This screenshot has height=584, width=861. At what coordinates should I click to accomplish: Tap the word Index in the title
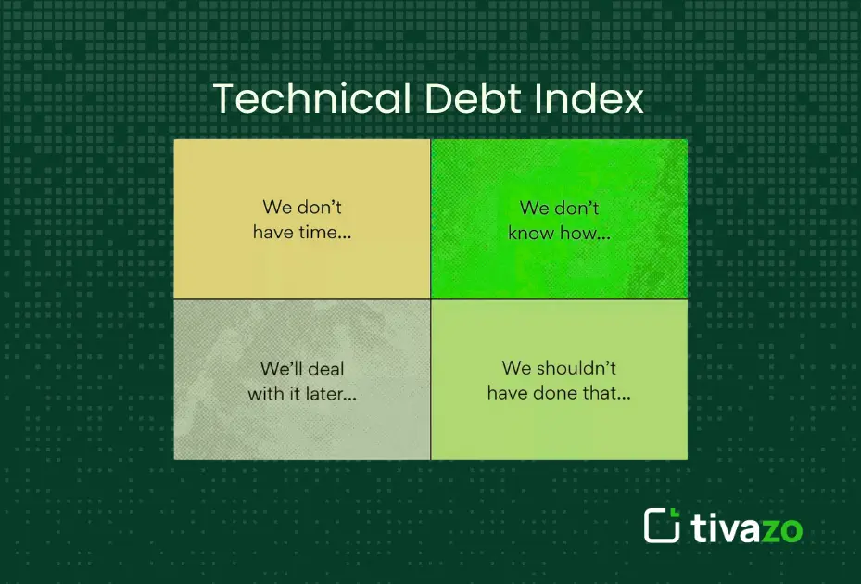(595, 99)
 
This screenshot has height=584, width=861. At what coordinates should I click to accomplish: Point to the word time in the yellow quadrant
(323, 233)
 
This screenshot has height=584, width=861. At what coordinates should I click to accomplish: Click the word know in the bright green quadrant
(531, 234)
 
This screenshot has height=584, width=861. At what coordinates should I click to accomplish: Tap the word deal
(325, 369)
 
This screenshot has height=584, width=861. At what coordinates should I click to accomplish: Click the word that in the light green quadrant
(607, 392)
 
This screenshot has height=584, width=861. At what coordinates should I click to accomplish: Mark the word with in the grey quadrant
(266, 393)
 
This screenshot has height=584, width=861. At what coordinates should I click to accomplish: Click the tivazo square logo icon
(662, 526)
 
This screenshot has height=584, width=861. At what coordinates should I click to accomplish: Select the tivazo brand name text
(746, 527)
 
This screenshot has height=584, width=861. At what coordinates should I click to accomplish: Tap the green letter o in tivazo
(790, 529)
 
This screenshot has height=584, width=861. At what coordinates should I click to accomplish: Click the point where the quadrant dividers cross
(430, 298)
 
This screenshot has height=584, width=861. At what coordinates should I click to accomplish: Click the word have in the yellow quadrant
(272, 233)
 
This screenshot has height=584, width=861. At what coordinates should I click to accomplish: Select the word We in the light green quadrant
(516, 368)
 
